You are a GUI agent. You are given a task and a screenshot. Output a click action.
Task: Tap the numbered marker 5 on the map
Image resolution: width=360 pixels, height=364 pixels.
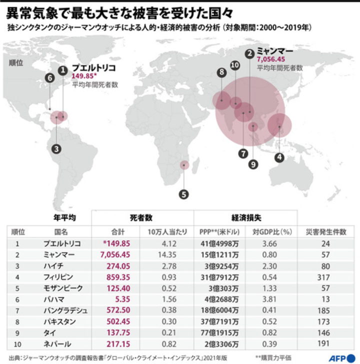[184, 194]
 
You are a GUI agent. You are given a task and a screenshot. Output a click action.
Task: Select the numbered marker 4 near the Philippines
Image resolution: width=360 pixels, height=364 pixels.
[279, 157]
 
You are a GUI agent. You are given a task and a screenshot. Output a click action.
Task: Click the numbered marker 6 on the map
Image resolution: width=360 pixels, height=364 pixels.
[49, 78]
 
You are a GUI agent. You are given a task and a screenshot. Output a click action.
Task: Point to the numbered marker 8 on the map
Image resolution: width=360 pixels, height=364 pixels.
[220, 72]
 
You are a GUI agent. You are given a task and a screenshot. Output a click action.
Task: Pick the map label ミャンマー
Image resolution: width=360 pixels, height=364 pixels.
[275, 50]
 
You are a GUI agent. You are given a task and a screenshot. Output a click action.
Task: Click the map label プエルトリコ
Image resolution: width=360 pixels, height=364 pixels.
[93, 67]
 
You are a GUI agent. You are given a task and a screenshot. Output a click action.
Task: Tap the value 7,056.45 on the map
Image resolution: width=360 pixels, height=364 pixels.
[273, 59]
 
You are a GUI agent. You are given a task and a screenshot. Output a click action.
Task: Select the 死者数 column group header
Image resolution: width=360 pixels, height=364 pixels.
[142, 218]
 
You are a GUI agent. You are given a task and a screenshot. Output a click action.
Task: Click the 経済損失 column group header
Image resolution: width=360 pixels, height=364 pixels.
[245, 218]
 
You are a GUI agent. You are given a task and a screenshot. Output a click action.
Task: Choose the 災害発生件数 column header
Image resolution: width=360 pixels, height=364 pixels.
[325, 232]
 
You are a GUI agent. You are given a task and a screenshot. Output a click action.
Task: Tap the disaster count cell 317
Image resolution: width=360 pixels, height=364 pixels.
[325, 277]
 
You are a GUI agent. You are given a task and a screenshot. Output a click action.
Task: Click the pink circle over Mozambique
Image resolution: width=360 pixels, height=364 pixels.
[184, 165]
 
